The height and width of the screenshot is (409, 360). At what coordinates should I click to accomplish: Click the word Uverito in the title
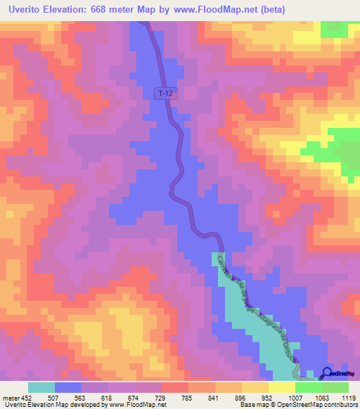tap(30, 9)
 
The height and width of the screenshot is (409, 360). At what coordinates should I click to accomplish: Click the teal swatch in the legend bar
tap(41, 387)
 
